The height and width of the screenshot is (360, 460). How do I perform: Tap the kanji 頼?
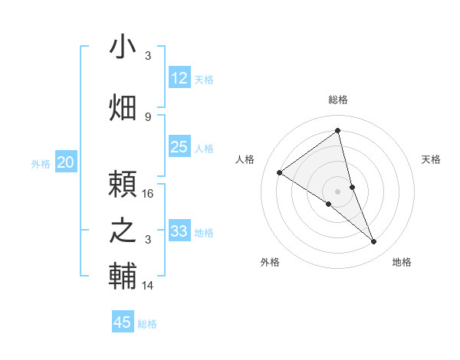coord(123,185)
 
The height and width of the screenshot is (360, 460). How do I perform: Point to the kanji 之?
coord(123,231)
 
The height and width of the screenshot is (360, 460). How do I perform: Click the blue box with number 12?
coord(179,78)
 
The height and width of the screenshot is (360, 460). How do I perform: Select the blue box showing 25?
coord(179,147)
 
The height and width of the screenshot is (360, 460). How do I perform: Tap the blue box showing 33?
coord(179,231)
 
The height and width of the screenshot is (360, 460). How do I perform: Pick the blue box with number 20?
coord(66,162)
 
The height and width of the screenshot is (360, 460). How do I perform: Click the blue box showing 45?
coord(123,322)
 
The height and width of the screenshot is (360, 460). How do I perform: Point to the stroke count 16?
coord(149,194)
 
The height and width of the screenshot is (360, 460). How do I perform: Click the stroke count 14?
coord(149,286)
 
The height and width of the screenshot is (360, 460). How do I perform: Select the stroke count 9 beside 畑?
coord(148,117)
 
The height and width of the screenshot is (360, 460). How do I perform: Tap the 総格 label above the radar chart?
coord(337,100)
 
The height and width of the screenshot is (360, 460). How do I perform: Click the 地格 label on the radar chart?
coord(402,262)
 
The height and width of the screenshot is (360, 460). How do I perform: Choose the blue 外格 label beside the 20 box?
coord(40,163)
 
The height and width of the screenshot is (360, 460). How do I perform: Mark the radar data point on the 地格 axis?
coord(374,242)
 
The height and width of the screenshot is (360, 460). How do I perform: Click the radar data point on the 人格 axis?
coord(280,172)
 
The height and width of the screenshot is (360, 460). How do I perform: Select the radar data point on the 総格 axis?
coord(337,131)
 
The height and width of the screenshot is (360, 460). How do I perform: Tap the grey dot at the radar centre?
coord(337,191)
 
